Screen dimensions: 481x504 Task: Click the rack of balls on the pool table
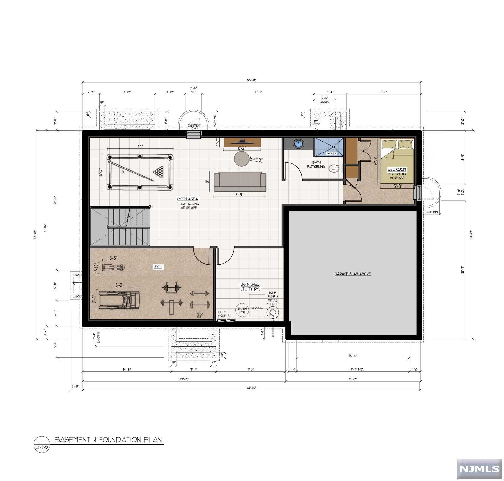tap(159, 171)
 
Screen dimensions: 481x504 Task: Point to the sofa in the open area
tap(240, 181)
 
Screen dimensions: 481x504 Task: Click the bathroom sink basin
tap(298, 144)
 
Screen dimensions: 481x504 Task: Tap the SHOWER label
tap(331, 153)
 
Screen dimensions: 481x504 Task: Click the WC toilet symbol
tap(334, 169)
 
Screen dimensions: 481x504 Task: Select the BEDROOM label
tap(397, 169)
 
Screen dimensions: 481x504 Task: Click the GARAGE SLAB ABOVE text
tap(352, 274)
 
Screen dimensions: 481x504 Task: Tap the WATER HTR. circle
tap(242, 310)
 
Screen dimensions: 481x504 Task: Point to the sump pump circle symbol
tap(273, 312)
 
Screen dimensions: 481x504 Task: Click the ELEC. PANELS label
tap(224, 314)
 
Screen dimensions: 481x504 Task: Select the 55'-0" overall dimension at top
tap(251, 80)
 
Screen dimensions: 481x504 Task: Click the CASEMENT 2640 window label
tap(194, 127)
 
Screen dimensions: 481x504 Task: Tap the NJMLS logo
tap(480, 469)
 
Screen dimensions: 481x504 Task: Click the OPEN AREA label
tap(187, 199)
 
